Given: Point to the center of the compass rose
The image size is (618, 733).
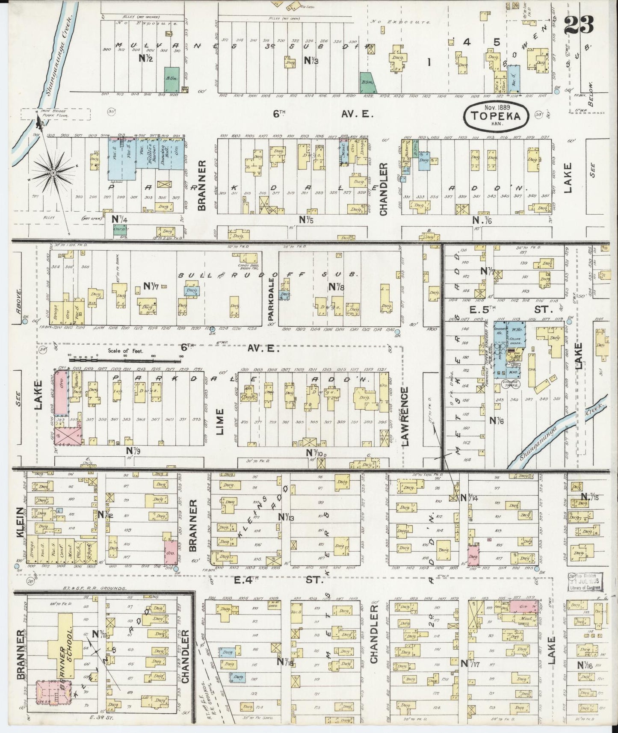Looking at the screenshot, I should pyautogui.click(x=53, y=173).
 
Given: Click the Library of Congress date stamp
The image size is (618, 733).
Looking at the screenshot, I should pyautogui.click(x=585, y=583).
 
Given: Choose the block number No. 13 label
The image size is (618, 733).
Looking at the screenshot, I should pyautogui.click(x=286, y=517).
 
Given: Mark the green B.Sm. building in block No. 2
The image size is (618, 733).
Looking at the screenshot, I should pyautogui.click(x=172, y=79).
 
